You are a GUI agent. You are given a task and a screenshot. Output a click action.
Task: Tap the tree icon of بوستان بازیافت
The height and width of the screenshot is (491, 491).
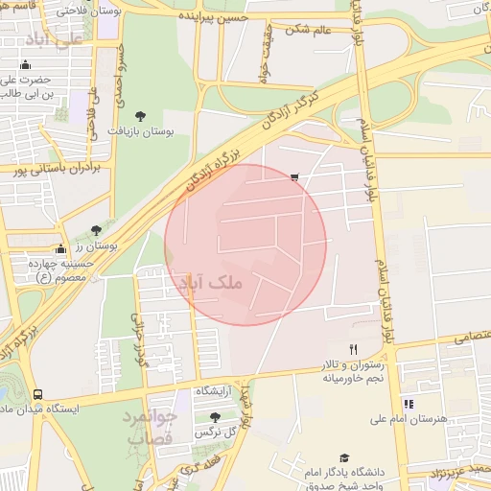pyautogui.click(x=141, y=115)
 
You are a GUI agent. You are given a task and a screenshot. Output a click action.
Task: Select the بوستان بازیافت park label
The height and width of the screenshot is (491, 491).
pyautogui.click(x=141, y=129)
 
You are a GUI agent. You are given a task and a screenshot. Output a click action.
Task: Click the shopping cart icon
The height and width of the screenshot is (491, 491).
pyautogui.click(x=293, y=176)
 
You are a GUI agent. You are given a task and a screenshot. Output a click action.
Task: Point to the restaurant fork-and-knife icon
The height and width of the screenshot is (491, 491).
pyautogui.click(x=353, y=349)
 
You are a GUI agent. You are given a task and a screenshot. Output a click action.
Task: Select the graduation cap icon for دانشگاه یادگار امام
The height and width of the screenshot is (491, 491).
pyautogui.click(x=343, y=458)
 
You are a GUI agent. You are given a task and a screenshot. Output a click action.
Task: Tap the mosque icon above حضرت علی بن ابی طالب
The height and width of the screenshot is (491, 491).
pyautogui.click(x=26, y=65)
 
